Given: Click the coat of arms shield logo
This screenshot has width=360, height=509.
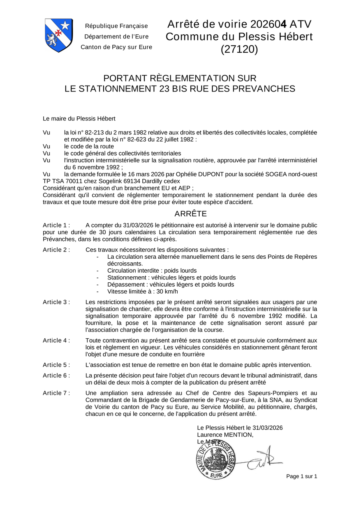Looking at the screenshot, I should point(58,35).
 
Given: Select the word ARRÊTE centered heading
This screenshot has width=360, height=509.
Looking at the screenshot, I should point(190,214).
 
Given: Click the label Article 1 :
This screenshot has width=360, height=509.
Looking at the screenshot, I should point(56,225).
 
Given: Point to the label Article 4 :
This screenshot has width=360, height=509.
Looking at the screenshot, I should point(56,340).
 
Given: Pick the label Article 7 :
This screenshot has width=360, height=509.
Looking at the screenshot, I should point(56,393).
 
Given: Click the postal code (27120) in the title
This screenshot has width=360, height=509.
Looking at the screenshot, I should point(239,49).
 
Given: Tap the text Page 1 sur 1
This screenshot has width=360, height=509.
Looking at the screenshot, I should point(302,476).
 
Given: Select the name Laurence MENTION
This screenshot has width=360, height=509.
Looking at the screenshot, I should point(225,435).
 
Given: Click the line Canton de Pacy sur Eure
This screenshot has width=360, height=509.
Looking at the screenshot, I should point(116,47).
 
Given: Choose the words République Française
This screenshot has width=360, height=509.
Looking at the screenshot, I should point(116,26).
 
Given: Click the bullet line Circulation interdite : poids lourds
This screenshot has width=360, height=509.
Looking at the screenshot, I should point(152,271).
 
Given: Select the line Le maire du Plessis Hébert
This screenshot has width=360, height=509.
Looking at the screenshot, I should point(79,119).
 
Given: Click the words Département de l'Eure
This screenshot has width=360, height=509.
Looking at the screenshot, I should point(116,37).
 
